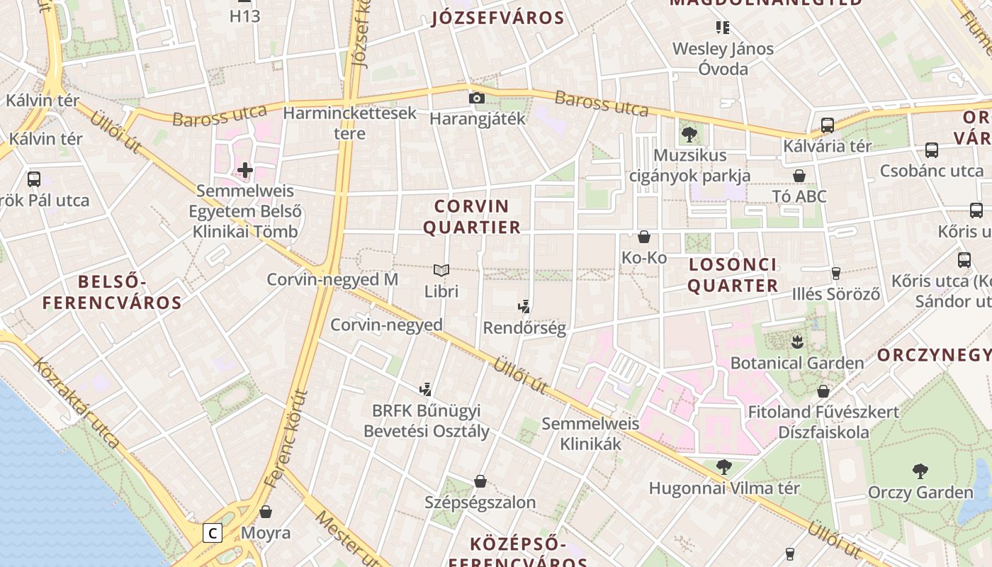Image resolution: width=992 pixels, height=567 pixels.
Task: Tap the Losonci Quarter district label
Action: [x=733, y=275]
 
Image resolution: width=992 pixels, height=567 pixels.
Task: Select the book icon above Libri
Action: [x=441, y=270]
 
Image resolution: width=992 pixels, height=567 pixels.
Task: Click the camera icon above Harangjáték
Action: [x=477, y=99]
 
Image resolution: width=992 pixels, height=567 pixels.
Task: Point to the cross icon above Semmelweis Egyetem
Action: [x=245, y=170]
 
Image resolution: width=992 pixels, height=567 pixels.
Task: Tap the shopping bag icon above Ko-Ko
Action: [x=644, y=237]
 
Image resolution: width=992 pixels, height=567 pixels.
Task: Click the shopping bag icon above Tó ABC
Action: [x=799, y=176]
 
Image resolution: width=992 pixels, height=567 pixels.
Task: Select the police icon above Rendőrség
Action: [x=524, y=307]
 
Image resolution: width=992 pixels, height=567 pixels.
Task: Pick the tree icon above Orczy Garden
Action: [x=920, y=471]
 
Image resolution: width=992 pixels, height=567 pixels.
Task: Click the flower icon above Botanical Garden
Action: [x=797, y=342]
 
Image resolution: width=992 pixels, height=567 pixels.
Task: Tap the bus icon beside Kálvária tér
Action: [x=827, y=125]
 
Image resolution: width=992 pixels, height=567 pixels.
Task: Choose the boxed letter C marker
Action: [x=213, y=532]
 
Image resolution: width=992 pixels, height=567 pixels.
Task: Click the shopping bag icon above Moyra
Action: [x=266, y=512]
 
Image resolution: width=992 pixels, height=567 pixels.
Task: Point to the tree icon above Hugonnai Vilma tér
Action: [x=723, y=466]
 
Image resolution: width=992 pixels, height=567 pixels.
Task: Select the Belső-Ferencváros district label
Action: [x=112, y=293]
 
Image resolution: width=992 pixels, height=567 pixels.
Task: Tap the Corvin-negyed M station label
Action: [x=332, y=279]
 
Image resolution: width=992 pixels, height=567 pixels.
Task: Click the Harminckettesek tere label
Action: [x=350, y=123]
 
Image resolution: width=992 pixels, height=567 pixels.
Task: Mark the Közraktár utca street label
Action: [x=77, y=402]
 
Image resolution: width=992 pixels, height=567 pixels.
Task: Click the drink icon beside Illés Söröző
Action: [x=836, y=273]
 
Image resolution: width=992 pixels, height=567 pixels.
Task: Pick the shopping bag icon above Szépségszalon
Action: [x=480, y=482]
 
